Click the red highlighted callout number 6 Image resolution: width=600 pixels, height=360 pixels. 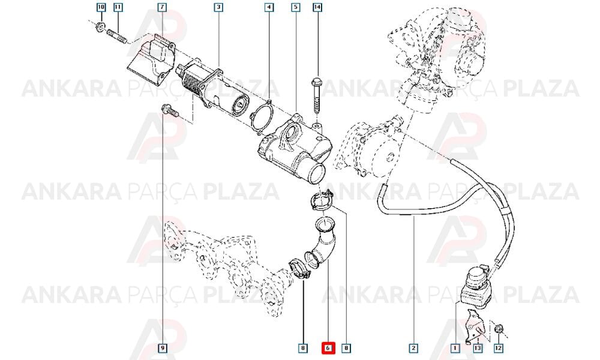328,348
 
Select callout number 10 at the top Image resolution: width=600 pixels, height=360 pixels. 101,7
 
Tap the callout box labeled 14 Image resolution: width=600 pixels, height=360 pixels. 317,7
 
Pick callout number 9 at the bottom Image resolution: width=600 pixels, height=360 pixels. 163,348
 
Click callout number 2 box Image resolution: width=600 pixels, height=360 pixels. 413,348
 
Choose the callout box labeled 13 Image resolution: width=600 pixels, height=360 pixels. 478,348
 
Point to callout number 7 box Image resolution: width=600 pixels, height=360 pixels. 162,7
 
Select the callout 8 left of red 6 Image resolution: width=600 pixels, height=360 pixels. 302,348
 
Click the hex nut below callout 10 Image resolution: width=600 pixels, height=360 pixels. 100,27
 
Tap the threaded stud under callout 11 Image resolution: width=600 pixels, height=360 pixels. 117,37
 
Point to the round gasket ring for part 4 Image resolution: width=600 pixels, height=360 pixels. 262,116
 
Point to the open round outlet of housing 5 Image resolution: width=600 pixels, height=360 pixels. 317,174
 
